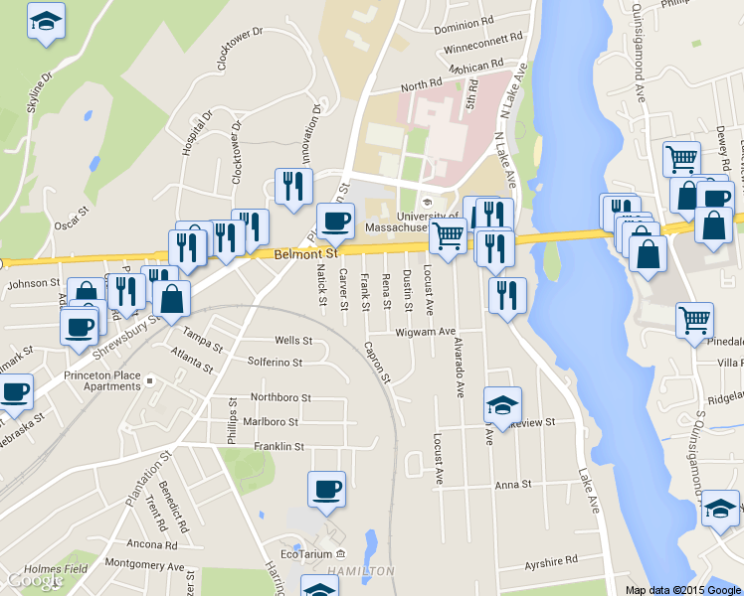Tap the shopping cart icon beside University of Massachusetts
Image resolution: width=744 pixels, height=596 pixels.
(x=448, y=236)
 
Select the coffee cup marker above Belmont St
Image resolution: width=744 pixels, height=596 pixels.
(x=335, y=221)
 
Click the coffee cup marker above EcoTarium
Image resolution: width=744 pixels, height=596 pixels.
(x=326, y=489)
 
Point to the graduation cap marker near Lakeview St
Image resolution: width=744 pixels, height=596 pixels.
(x=502, y=404)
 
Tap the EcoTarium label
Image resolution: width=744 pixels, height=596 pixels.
(x=305, y=553)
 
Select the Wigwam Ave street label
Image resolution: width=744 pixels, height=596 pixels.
(x=426, y=332)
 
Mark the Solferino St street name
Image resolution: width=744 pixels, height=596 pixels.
(x=275, y=362)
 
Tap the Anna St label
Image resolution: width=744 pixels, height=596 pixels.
(x=513, y=485)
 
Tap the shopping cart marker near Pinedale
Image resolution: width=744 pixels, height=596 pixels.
(x=693, y=320)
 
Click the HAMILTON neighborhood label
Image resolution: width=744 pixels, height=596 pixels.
(x=361, y=571)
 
